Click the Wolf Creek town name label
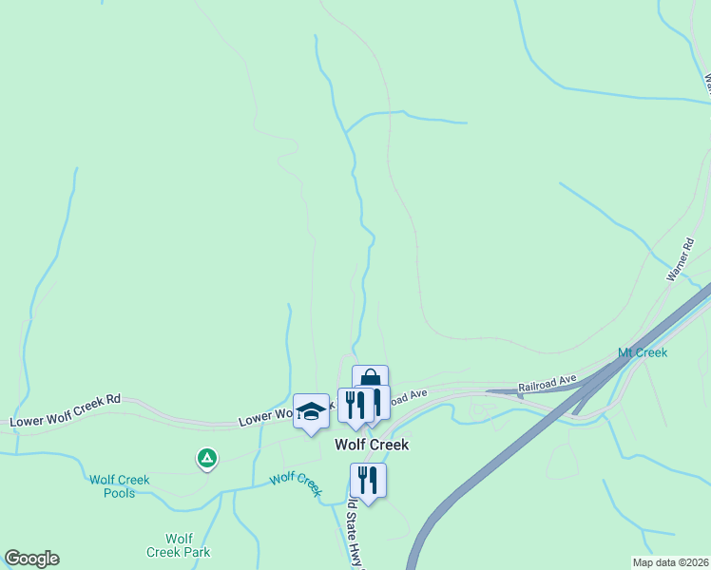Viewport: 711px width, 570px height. point(371,444)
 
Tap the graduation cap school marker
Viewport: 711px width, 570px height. point(310,410)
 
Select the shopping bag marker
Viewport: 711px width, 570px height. point(370,379)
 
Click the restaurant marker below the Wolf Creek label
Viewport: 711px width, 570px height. point(367,480)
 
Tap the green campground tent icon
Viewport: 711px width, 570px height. point(206,460)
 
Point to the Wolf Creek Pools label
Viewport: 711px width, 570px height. point(120,486)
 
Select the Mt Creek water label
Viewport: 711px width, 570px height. point(643,352)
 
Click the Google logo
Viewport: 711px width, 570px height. point(31,559)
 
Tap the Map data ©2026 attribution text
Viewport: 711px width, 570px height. point(670,562)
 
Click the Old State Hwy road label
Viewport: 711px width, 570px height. point(356,532)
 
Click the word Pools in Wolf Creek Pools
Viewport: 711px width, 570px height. point(120,493)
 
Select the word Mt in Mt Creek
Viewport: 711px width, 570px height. point(625,352)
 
